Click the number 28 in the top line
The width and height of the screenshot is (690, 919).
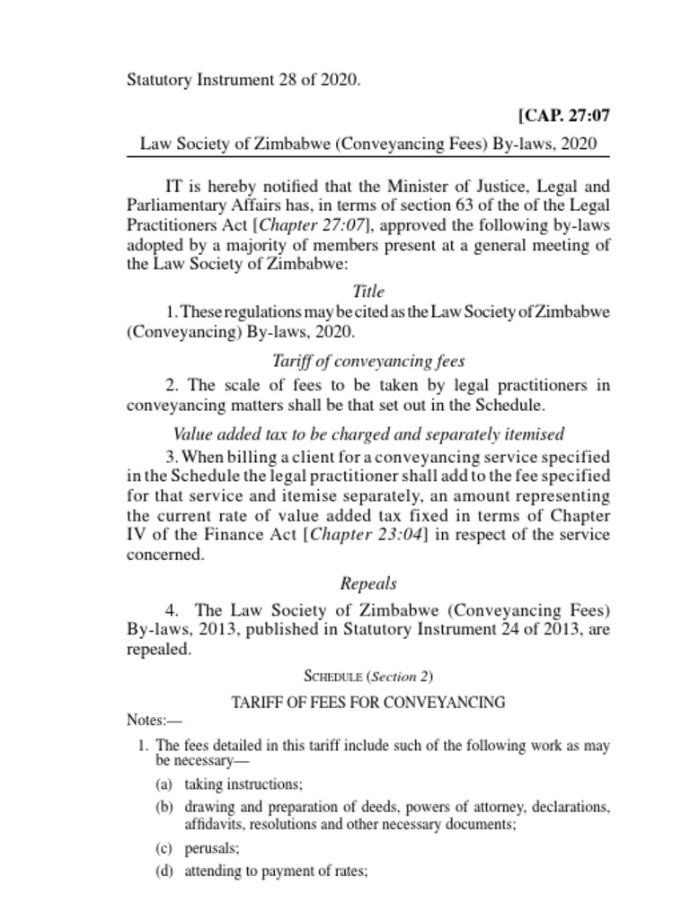tap(286, 80)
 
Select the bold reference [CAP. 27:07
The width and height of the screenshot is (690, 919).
tap(564, 116)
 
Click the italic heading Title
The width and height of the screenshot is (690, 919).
tap(369, 291)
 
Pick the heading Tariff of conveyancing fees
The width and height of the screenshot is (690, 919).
tap(369, 361)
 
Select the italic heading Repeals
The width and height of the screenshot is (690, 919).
tap(368, 583)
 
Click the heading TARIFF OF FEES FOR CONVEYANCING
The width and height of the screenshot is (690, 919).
tap(368, 702)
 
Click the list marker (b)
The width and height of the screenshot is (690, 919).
tap(164, 807)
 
